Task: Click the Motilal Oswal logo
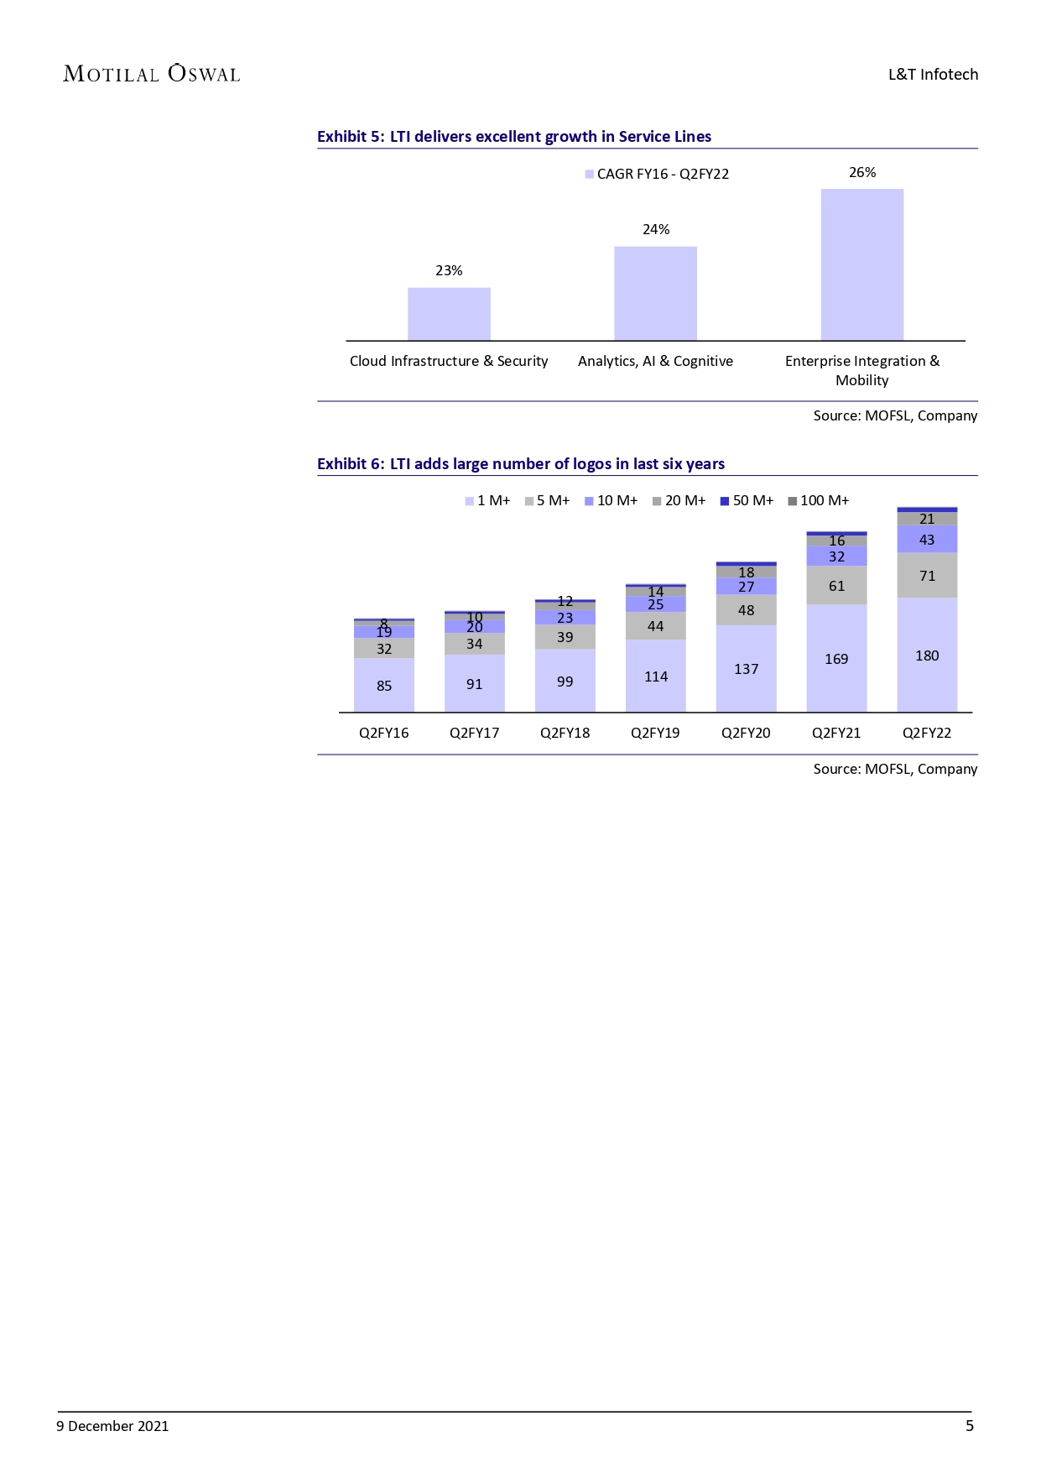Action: [x=152, y=74]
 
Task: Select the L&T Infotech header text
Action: [x=933, y=75]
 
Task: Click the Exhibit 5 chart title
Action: [x=513, y=137]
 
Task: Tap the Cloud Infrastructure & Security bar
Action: [x=449, y=314]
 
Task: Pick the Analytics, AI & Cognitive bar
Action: [x=655, y=293]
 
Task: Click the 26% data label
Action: [x=862, y=173]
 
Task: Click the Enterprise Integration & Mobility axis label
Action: [x=862, y=370]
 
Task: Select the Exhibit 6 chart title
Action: [x=520, y=464]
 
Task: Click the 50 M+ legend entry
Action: [x=747, y=501]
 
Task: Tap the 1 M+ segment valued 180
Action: [x=927, y=656]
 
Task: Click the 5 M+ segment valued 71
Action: [x=927, y=576]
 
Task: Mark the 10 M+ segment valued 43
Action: [x=927, y=540]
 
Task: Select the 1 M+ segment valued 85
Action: [x=384, y=686]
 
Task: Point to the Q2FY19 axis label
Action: [x=655, y=733]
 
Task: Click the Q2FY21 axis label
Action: [x=836, y=733]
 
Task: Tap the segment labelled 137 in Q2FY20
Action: [x=746, y=669]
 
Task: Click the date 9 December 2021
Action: [x=112, y=1426]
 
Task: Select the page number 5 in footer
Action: [x=970, y=1426]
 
